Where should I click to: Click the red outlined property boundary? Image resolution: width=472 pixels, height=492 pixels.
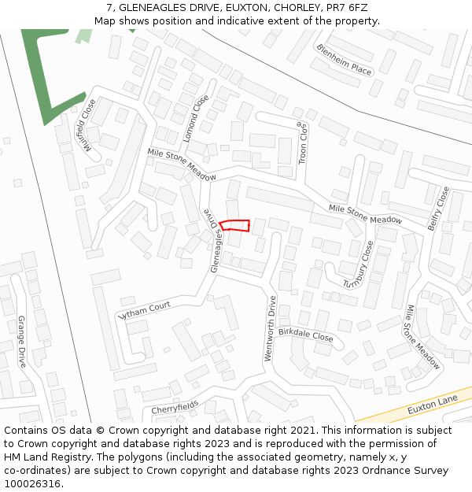click(234, 226)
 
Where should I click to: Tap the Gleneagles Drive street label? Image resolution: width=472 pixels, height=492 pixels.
click(213, 241)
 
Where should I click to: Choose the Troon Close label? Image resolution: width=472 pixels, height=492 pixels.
click(302, 142)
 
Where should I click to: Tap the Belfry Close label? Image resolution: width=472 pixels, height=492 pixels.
click(438, 208)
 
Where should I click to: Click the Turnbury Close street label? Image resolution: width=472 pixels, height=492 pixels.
click(358, 264)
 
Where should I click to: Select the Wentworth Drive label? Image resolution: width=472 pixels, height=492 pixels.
click(271, 328)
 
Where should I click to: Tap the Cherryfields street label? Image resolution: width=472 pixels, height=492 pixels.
click(175, 407)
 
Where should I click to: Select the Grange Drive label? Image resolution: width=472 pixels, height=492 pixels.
click(22, 342)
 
